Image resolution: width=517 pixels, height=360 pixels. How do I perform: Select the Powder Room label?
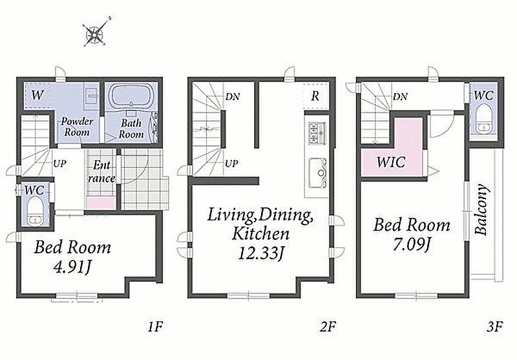click(x=77, y=127)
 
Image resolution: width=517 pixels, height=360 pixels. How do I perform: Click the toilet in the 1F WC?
click(x=35, y=211)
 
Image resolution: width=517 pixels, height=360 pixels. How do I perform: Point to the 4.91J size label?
click(x=72, y=268)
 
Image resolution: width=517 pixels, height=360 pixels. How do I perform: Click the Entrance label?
click(x=101, y=171)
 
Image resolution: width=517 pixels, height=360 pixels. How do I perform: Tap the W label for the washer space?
click(x=37, y=95)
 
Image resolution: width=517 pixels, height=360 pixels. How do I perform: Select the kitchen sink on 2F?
click(x=318, y=173)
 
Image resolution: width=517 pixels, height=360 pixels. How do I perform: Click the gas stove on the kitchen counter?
click(x=317, y=133)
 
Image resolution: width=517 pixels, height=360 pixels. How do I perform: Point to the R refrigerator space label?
click(x=315, y=96)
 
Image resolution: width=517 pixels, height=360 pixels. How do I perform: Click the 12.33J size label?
click(x=260, y=254)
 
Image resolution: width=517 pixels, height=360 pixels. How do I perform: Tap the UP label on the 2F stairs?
click(x=231, y=163)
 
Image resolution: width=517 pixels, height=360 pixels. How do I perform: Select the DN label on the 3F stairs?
click(x=400, y=96)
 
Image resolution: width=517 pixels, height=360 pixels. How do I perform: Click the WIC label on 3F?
click(x=391, y=162)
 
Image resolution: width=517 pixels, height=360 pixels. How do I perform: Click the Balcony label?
click(x=481, y=209)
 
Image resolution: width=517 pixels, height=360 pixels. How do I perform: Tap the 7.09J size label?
click(x=412, y=244)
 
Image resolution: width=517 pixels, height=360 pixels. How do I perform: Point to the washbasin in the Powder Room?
click(x=90, y=96)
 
